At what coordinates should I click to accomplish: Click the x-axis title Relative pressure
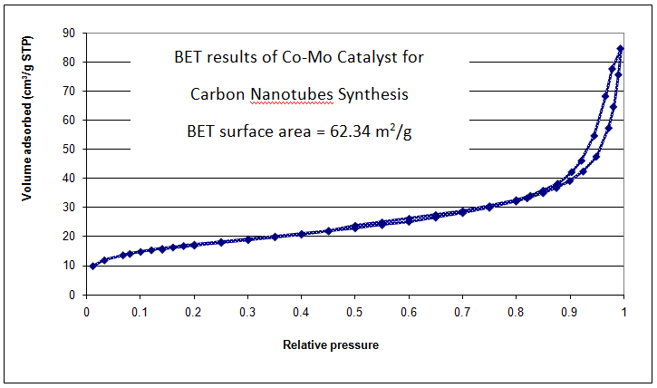331,345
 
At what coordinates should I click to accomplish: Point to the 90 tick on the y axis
68,33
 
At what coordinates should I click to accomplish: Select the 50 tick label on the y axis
68,149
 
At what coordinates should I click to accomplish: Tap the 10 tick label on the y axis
68,266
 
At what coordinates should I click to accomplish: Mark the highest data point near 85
621,48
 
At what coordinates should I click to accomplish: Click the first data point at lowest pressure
93,266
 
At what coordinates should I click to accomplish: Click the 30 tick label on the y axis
68,207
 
